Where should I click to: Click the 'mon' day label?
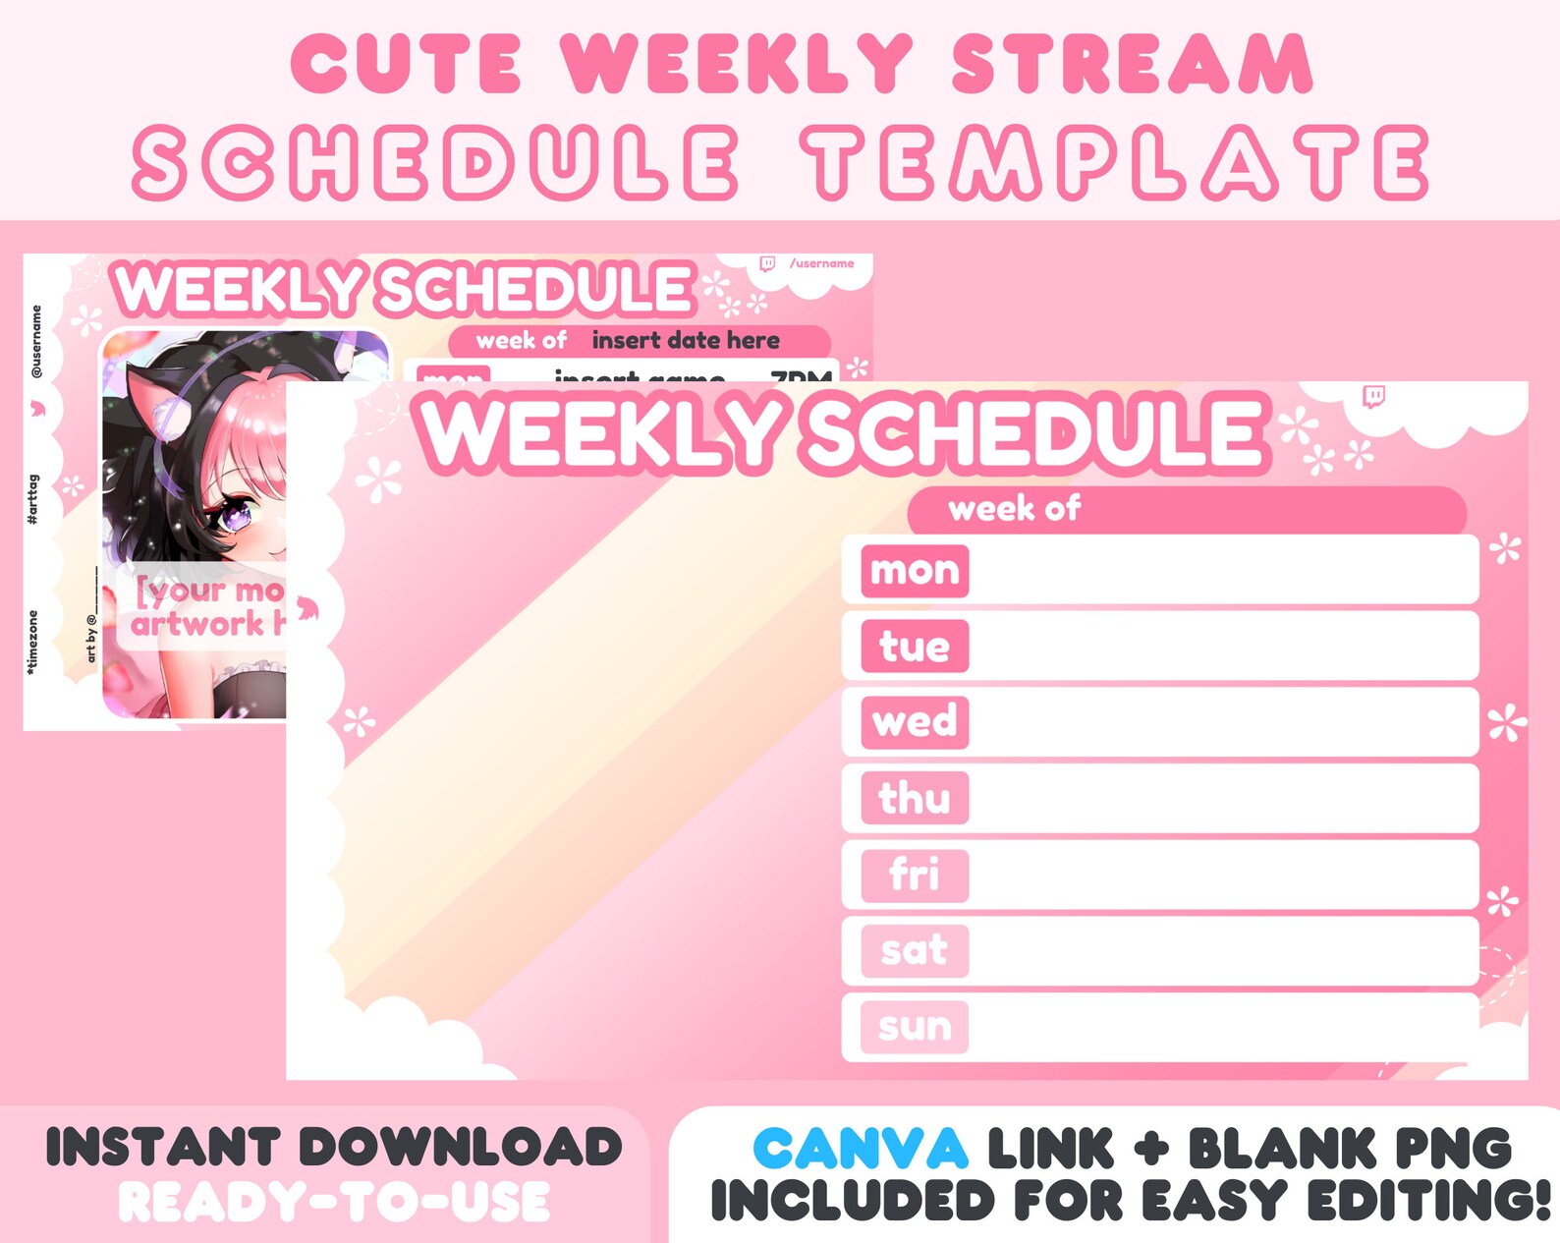tap(915, 571)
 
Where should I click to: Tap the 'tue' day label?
tap(915, 647)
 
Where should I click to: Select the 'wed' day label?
tap(915, 722)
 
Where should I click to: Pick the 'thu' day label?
tap(915, 798)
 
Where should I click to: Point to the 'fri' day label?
tap(915, 875)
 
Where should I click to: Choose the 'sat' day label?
tap(915, 950)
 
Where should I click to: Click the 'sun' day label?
tap(915, 1027)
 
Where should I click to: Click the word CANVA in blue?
tap(861, 1149)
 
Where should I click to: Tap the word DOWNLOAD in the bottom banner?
tap(461, 1148)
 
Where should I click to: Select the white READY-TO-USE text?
tap(334, 1202)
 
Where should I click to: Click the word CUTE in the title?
tap(406, 65)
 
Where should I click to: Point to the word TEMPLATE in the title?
tap(1116, 163)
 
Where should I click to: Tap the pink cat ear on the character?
tap(157, 402)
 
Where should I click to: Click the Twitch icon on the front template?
tap(1373, 397)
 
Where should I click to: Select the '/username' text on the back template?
tap(822, 263)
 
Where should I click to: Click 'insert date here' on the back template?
tap(686, 341)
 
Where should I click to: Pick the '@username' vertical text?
tap(36, 341)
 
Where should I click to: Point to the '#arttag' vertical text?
tap(33, 499)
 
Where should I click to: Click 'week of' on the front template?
tap(1014, 509)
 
